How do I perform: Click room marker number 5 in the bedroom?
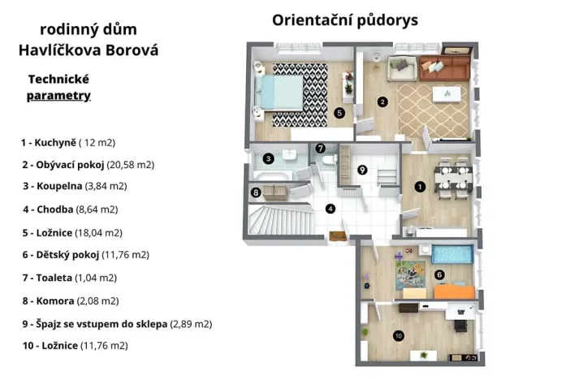click(x=339, y=113)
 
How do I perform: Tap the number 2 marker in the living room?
click(x=382, y=101)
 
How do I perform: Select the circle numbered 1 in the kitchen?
click(x=419, y=186)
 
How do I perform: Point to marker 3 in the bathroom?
click(x=267, y=159)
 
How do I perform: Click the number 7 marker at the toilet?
click(x=321, y=149)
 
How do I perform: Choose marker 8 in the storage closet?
click(x=257, y=192)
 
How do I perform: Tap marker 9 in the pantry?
click(x=362, y=170)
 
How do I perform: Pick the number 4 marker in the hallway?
click(x=330, y=208)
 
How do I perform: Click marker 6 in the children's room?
click(x=439, y=274)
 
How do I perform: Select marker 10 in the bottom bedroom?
click(x=398, y=335)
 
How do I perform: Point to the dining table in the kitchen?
click(x=451, y=178)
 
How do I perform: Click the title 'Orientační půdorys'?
click(x=345, y=19)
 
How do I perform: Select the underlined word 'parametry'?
click(x=58, y=96)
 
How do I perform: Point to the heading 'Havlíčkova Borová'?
click(x=88, y=50)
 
